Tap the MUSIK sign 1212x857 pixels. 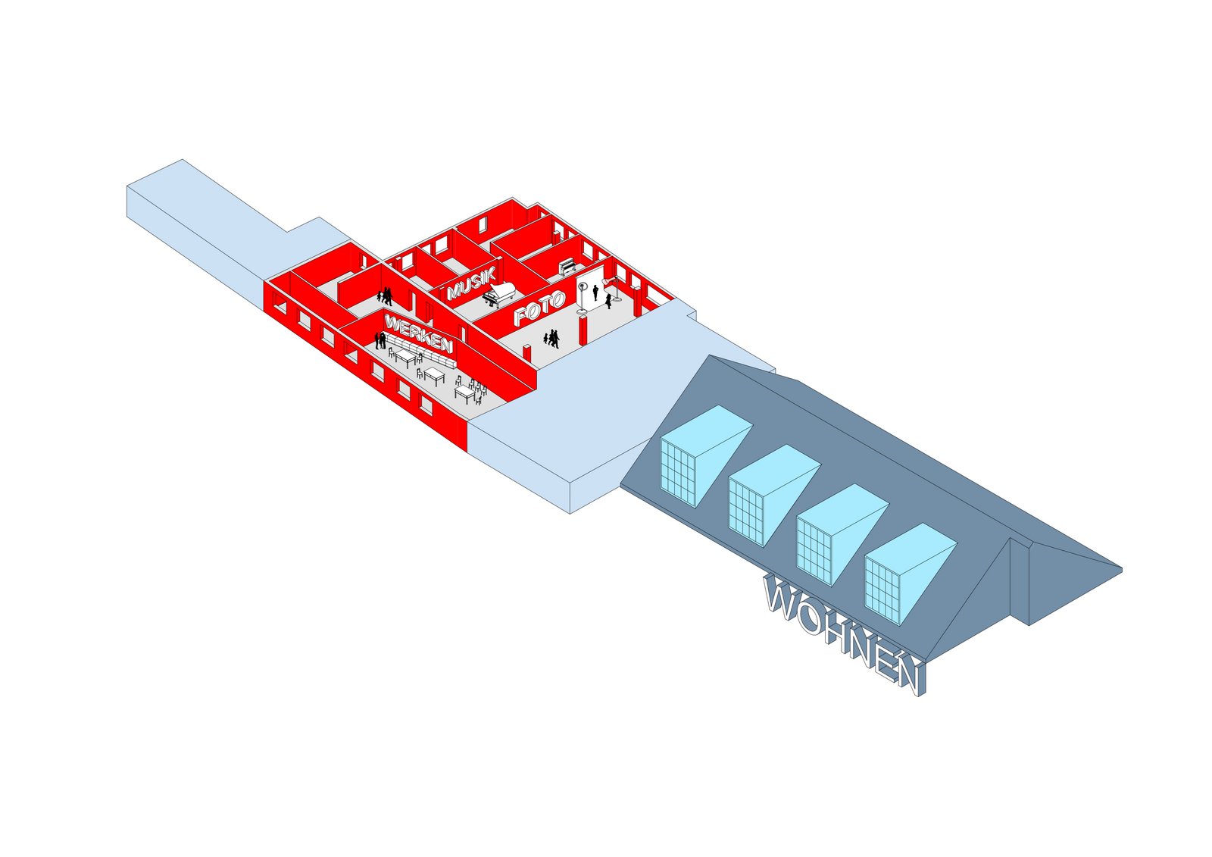point(472,283)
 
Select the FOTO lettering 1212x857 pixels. point(539,308)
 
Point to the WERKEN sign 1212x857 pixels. point(417,333)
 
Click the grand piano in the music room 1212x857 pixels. point(499,295)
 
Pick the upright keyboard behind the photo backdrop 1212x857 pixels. point(567,267)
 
